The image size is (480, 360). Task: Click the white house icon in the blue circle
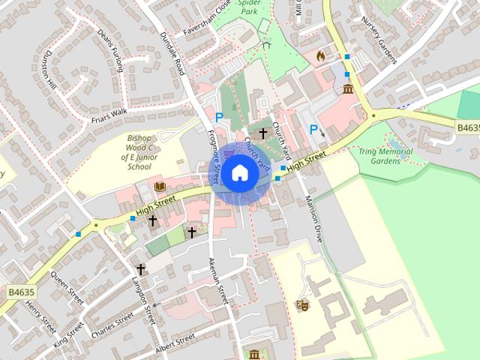[239, 172]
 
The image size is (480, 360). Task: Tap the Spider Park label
[249, 7]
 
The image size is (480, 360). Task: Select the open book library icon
[159, 187]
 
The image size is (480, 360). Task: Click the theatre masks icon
[303, 305]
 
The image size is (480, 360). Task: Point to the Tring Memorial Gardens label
[385, 156]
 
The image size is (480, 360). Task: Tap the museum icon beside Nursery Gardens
[348, 90]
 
